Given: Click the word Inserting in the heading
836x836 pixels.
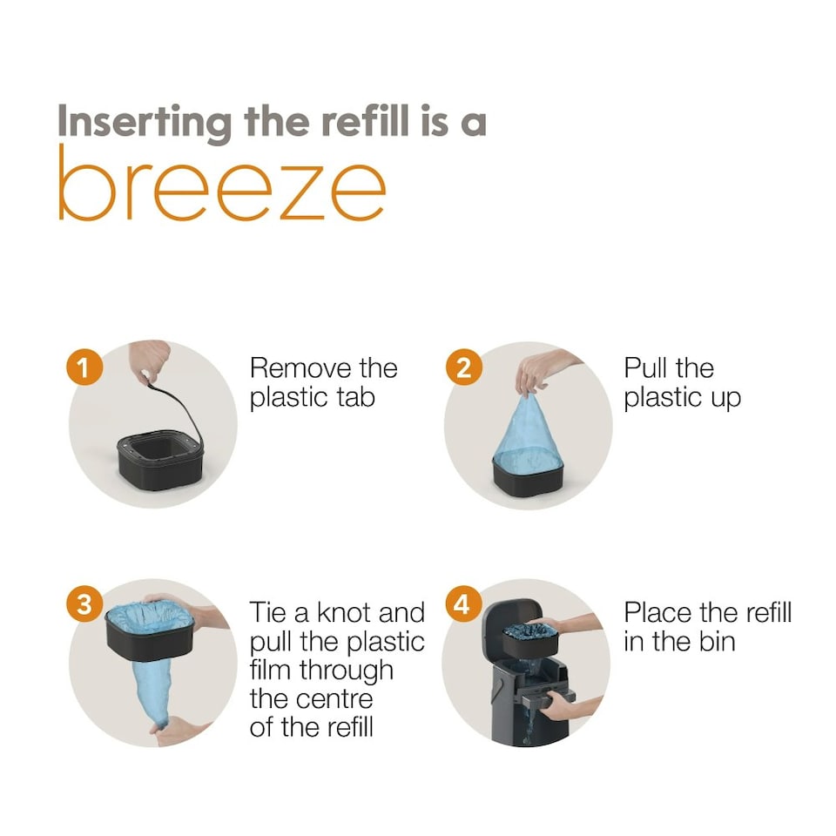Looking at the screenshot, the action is point(145,123).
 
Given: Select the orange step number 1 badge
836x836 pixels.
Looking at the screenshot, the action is point(84,367).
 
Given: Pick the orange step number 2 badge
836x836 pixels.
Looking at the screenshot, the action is point(463,367).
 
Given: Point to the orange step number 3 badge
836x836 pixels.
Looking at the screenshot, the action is point(84,604).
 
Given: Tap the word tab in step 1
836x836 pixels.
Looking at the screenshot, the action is point(355,397).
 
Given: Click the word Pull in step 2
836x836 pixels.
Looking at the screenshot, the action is point(644,367).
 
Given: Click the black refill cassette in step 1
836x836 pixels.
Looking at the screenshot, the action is point(160,460).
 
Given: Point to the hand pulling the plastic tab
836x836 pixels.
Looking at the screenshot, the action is point(150,360).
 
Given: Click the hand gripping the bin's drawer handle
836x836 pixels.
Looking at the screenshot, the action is point(559,705).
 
